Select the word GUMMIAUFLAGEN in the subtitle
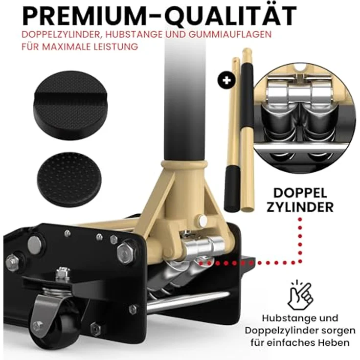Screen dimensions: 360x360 pyautogui.click(x=230, y=34)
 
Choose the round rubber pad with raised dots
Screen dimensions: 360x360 pyautogui.click(x=69, y=178)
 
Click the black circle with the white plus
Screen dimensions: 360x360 pyautogui.click(x=226, y=80)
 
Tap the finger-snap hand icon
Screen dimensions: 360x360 pyautogui.click(x=300, y=295)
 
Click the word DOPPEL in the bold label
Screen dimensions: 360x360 pyautogui.click(x=300, y=193)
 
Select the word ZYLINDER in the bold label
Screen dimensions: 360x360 pyautogui.click(x=300, y=207)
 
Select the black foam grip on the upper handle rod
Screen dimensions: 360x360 pyautogui.click(x=247, y=97)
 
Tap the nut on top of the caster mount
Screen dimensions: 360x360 pyautogui.click(x=63, y=273)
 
